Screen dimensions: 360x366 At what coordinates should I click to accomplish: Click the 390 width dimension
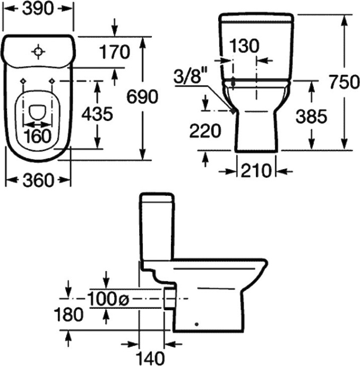(x=38, y=8)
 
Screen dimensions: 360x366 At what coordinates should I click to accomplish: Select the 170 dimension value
(x=115, y=52)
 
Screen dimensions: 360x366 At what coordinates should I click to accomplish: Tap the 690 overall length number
(x=142, y=97)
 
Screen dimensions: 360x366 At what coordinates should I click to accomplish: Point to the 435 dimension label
(x=97, y=114)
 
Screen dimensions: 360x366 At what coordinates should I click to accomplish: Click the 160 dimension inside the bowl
(x=37, y=136)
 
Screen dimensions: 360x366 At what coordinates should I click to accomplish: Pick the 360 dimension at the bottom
(x=38, y=180)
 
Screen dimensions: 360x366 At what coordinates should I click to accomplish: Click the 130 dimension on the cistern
(x=244, y=45)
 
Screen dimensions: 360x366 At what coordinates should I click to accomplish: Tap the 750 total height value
(x=344, y=82)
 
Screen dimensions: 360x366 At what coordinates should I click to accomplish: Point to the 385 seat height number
(x=311, y=116)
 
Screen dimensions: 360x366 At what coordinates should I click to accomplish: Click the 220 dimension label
(x=205, y=130)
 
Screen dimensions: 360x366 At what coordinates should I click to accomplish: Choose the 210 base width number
(x=256, y=170)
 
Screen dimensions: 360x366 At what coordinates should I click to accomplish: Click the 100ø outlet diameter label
(x=108, y=299)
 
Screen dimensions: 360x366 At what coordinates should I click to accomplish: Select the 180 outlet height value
(x=68, y=314)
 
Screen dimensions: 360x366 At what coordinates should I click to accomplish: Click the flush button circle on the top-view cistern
(x=38, y=51)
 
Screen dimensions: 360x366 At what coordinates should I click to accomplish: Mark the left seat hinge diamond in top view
(x=23, y=81)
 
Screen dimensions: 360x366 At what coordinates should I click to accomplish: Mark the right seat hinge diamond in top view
(x=52, y=81)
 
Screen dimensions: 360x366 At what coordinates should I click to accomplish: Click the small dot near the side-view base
(x=196, y=324)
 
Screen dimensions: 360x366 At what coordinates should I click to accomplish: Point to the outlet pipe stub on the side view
(x=169, y=299)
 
